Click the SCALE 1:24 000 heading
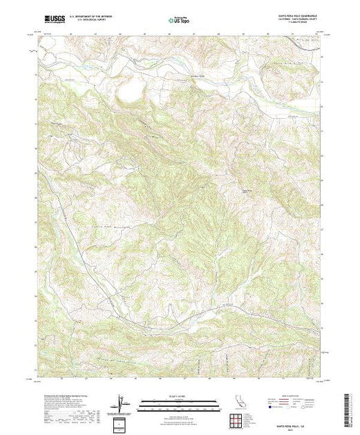tap(170, 396)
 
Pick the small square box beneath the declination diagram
tap(122, 422)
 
